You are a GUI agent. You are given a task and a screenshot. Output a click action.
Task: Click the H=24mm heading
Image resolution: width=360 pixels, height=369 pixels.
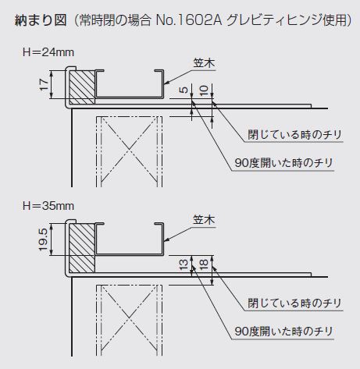(x=48, y=52)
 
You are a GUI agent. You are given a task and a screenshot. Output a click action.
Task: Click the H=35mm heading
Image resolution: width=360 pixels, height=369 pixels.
(x=48, y=206)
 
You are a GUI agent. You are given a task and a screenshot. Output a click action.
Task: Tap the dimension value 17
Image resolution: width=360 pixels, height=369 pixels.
(x=44, y=84)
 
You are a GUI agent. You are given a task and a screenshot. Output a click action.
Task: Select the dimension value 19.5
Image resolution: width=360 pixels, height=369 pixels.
(x=44, y=239)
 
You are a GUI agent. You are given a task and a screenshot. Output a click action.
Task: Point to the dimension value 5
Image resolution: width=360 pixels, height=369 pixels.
(x=184, y=90)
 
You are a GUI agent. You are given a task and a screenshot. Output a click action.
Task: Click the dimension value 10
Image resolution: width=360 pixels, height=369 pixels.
(x=205, y=90)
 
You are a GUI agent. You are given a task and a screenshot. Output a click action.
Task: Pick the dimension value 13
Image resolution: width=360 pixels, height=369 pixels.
(x=184, y=264)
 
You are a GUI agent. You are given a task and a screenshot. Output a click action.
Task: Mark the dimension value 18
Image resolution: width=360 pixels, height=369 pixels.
(x=205, y=264)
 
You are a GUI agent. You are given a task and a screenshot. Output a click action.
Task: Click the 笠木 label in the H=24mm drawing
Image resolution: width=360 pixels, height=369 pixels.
(x=204, y=64)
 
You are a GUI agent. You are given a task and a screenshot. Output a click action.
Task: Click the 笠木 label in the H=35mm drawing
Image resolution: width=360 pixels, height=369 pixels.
(x=204, y=220)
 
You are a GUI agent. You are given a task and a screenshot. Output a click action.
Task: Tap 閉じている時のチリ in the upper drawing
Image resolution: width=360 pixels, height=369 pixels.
(x=294, y=135)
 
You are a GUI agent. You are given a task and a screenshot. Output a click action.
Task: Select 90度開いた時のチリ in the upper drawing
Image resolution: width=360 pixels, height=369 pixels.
(x=283, y=163)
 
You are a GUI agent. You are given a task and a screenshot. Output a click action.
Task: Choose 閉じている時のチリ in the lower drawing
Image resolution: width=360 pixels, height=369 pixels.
(x=294, y=303)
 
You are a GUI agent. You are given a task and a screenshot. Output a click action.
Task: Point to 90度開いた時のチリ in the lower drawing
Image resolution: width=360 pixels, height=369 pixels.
(x=283, y=332)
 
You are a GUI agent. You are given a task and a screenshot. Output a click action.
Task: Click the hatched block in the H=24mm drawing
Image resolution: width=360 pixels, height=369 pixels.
(x=82, y=87)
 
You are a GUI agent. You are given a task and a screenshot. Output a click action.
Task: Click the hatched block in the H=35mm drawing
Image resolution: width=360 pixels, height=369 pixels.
(x=82, y=248)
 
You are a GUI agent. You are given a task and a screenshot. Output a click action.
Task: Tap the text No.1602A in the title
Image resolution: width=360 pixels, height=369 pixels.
(x=189, y=21)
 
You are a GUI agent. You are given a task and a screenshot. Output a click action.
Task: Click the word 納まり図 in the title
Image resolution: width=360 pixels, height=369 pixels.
(x=41, y=20)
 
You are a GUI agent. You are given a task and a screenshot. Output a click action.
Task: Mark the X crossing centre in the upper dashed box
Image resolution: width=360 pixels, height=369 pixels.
(x=129, y=149)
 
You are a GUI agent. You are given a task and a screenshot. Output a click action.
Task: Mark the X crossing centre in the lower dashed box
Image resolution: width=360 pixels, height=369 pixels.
(x=129, y=318)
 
